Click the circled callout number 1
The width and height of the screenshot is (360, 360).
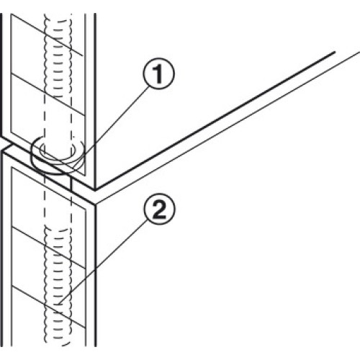pyautogui.click(x=158, y=73)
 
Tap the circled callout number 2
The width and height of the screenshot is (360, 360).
pyautogui.click(x=159, y=209)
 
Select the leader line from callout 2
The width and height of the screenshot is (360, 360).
pyautogui.click(x=103, y=262)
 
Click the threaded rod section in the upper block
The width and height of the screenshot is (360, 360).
pyautogui.click(x=58, y=55)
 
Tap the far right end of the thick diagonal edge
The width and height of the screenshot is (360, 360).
pyautogui.click(x=335, y=52)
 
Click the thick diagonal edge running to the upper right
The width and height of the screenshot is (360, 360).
pyautogui.click(x=215, y=121)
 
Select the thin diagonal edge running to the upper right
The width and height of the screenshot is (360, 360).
pyautogui.click(x=228, y=127)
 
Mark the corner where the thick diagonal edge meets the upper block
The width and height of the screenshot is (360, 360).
pyautogui.click(x=95, y=189)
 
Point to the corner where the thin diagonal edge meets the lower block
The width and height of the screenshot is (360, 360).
pyautogui.click(x=95, y=204)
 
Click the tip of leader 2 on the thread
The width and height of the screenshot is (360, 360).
pyautogui.click(x=60, y=302)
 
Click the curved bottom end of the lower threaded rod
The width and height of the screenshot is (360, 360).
pyautogui.click(x=58, y=345)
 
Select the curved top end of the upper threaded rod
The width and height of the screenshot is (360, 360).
pyautogui.click(x=58, y=17)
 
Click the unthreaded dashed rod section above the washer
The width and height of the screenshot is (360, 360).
pyautogui.click(x=58, y=120)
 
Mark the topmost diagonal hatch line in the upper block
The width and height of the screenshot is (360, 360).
pyautogui.click(x=48, y=35)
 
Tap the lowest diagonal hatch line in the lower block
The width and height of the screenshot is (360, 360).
pyautogui.click(x=49, y=307)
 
